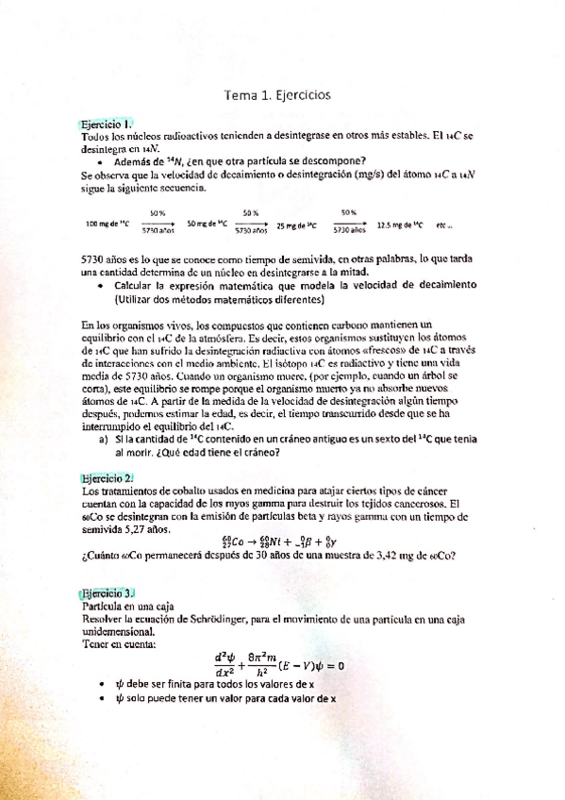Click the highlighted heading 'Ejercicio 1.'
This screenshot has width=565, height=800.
tap(108, 124)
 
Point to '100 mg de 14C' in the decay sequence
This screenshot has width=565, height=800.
tap(107, 224)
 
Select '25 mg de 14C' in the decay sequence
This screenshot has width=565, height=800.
tap(298, 225)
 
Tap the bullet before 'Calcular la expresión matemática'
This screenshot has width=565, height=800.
tap(102, 285)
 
